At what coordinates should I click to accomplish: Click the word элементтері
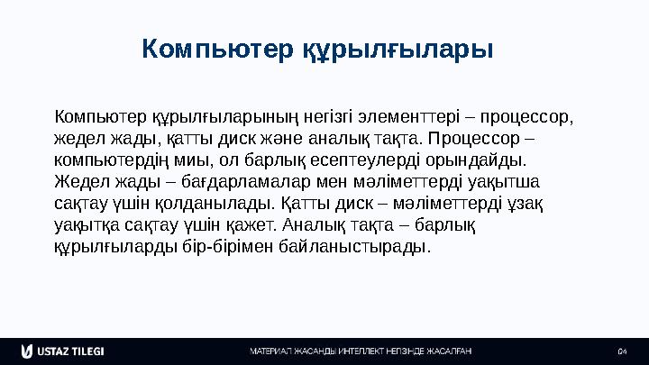(x=406, y=118)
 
